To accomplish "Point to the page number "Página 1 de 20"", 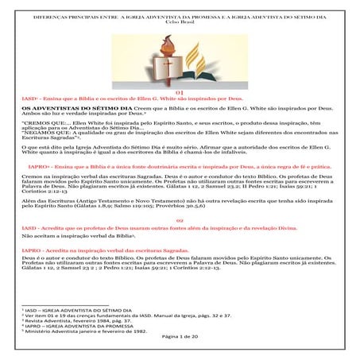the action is pyautogui.click(x=179, y=337).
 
